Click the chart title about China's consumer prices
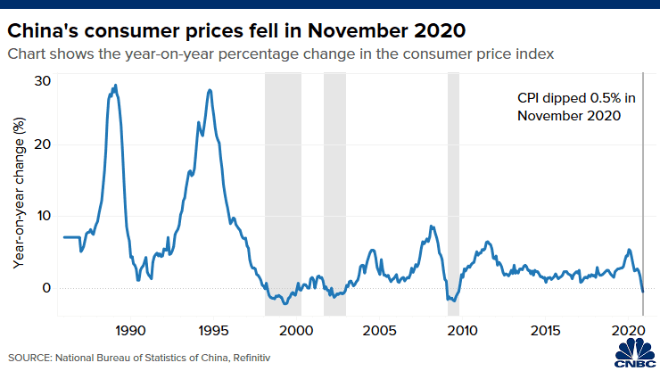(236, 29)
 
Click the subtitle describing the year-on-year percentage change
(281, 54)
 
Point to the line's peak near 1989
(115, 86)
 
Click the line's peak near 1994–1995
(210, 90)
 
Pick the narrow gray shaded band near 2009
(453, 192)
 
